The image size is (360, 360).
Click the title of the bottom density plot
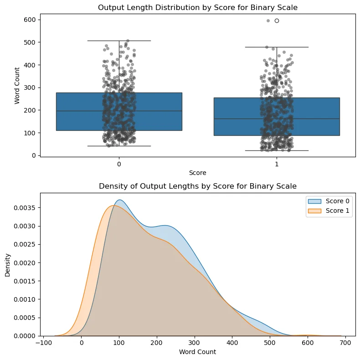pos(198,186)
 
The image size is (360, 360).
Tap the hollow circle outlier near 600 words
pos(277,21)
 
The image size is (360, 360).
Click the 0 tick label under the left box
pos(119,164)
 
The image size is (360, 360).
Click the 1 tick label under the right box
pos(277,164)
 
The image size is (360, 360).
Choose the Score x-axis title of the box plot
pos(198,173)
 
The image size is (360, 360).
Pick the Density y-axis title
pos(7,264)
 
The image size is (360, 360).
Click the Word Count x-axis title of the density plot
pos(198,352)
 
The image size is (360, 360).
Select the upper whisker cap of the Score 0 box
pos(119,41)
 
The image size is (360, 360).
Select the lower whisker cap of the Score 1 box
pos(277,150)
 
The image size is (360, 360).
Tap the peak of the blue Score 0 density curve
pos(119,200)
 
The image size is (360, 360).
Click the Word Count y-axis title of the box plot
pos(17,86)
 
